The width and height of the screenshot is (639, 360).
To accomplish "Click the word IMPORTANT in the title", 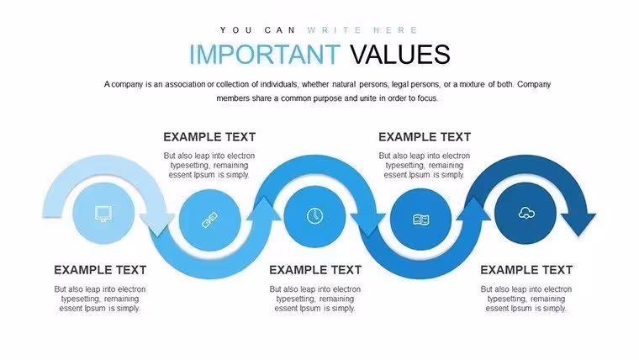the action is click(x=265, y=54).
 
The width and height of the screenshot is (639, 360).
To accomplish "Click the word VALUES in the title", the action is click(x=400, y=54).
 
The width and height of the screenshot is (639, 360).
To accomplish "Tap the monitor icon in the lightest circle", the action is click(x=103, y=214).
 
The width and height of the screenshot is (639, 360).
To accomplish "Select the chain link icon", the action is click(x=210, y=220).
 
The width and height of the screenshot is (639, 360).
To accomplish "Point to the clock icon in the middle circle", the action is click(x=314, y=216).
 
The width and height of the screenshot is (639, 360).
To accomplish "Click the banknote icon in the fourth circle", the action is click(x=421, y=220).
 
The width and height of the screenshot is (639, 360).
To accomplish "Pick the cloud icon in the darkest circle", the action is click(x=526, y=213).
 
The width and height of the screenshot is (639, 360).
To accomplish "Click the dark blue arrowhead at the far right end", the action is click(x=578, y=224).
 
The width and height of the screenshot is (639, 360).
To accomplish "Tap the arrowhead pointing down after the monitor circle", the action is click(x=157, y=224).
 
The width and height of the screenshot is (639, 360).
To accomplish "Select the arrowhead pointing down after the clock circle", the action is click(x=368, y=225).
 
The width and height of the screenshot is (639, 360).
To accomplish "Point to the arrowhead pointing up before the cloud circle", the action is click(x=473, y=209).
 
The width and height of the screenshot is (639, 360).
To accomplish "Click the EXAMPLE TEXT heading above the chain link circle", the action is click(x=209, y=137).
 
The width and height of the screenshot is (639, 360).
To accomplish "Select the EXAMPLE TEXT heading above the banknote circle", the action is click(x=425, y=137).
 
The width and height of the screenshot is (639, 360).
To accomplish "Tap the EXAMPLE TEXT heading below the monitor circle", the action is click(x=100, y=270).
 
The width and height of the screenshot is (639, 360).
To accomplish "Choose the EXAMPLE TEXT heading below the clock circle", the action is click(x=315, y=270).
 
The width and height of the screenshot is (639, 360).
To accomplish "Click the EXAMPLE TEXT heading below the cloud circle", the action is click(x=526, y=270).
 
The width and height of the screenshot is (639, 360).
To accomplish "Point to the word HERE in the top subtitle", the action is click(x=395, y=30).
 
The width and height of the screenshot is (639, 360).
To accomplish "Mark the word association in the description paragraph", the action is click(x=185, y=84).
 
